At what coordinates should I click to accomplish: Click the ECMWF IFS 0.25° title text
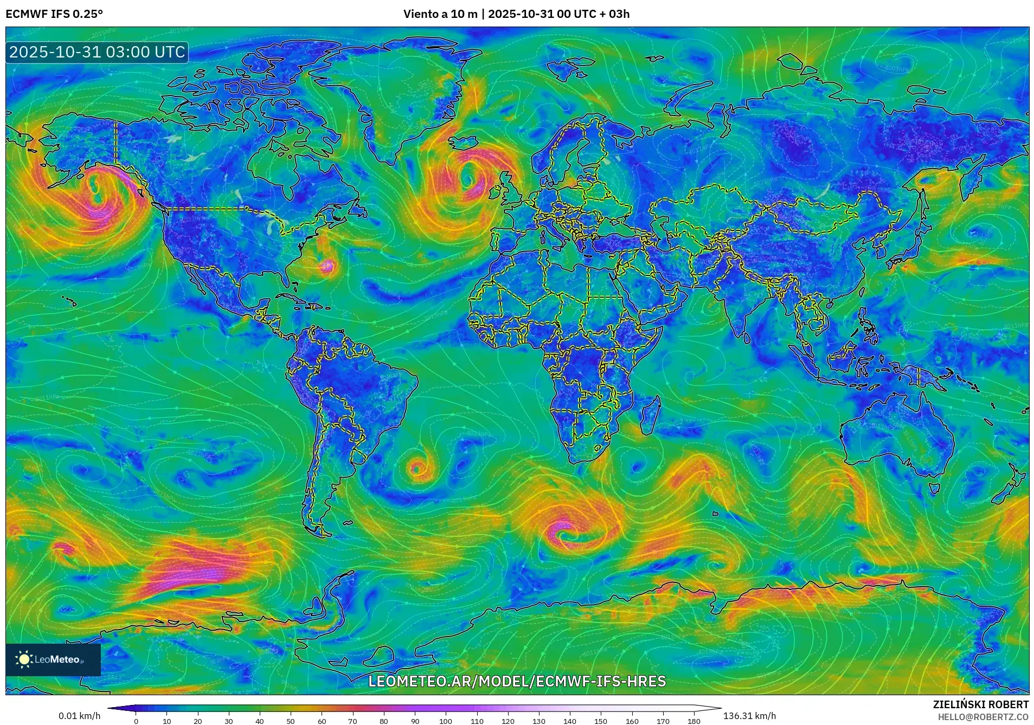pos(54,14)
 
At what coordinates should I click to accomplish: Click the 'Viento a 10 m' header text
pos(440,14)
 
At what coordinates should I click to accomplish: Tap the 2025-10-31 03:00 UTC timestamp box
pos(97,52)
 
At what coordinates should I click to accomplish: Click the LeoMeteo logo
pos(53,659)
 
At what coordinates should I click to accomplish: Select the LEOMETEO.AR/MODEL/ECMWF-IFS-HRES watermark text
pos(517,681)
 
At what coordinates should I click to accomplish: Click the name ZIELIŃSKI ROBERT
pos(980,704)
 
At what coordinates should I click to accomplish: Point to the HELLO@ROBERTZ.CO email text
pos(983,716)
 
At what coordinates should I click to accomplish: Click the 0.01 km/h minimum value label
pos(79,716)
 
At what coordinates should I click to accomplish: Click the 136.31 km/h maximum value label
pos(749,716)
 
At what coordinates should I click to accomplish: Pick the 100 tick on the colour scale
pos(446,721)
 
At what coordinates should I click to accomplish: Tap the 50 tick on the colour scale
pos(291,721)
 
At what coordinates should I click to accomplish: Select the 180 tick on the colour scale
pos(694,721)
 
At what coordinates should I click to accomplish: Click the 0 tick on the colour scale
pos(136,721)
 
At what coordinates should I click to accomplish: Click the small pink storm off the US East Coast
pos(327,266)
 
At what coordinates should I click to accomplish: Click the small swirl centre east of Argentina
pos(416,467)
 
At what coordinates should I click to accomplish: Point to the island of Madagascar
pos(650,416)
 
